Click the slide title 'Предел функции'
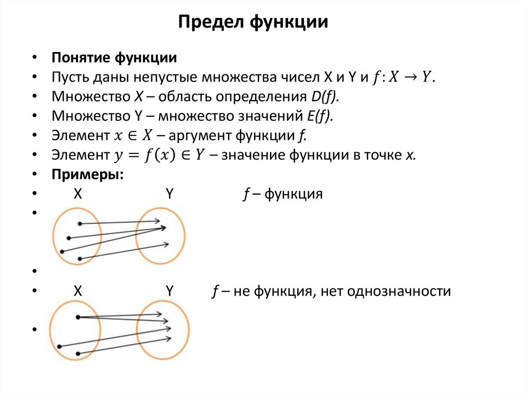tap(253, 22)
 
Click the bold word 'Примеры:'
tap(87, 175)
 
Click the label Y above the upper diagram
tap(169, 195)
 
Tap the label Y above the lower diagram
tap(169, 292)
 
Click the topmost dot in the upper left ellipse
tap(80, 224)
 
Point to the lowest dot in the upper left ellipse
tap(80, 258)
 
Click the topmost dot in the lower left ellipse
tap(77, 316)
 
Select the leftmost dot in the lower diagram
tap(59, 346)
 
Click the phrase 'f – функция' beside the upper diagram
tap(283, 195)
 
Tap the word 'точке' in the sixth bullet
tap(381, 155)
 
